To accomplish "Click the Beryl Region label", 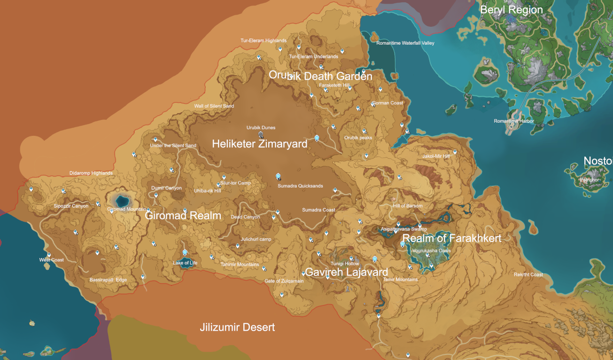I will (511, 10).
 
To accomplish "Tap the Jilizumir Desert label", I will (237, 327).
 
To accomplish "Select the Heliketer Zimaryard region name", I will (259, 144).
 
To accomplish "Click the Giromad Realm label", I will (183, 216).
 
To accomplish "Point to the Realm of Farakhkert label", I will (452, 238).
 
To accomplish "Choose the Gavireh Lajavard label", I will (347, 272).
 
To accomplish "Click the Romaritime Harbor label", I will (514, 121).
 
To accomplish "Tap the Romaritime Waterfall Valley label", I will (405, 43).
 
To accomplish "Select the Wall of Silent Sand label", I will (214, 106).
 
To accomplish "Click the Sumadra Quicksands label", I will (300, 186).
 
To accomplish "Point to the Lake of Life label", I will (185, 263).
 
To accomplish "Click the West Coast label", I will (51, 260).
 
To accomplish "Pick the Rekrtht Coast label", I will (528, 275).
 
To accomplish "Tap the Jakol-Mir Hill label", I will (436, 156).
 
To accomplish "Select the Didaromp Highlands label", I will (91, 173).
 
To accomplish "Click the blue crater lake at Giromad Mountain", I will (120, 199).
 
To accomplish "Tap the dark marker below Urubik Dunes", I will (261, 135).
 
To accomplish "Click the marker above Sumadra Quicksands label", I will (278, 177).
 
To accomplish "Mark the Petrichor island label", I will (589, 180).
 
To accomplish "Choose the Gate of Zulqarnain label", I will (284, 281).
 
